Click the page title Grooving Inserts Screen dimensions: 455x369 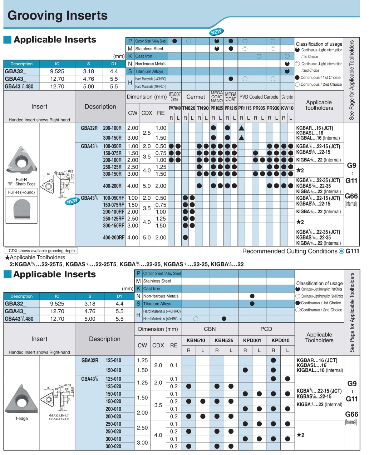57,16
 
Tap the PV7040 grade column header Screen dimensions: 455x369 174,108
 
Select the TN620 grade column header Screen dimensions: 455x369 188,108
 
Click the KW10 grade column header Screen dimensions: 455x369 287,108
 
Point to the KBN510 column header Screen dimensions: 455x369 196,340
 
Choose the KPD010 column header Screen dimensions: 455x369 280,340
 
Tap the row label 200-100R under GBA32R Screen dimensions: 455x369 112,128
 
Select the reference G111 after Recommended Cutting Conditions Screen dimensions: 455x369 352,251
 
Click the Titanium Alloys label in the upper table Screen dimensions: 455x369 149,71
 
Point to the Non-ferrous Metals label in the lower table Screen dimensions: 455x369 161,296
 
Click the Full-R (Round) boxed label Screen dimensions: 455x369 21,192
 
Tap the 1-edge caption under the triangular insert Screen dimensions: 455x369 21,418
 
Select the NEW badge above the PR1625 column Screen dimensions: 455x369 216,32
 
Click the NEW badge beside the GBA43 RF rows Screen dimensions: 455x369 72,201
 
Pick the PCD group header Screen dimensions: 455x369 266,329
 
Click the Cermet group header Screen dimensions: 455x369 196,97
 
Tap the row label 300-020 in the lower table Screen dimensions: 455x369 113,446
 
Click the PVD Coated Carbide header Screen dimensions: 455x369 259,97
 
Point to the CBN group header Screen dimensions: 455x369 210,329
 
